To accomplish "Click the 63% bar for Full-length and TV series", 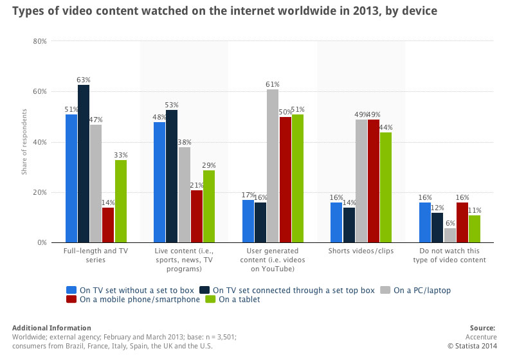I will [x=83, y=164].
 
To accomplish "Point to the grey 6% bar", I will [x=449, y=235].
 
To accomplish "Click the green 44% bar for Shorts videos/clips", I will [x=386, y=187].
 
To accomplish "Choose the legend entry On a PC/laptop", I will [x=422, y=290].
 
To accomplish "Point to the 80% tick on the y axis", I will [x=39, y=41].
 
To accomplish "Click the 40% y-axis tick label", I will [x=39, y=142].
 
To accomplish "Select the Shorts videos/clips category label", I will [x=361, y=251].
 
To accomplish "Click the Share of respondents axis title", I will [x=24, y=141].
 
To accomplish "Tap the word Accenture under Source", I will [x=480, y=336].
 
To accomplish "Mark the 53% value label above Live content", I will [x=172, y=105].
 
